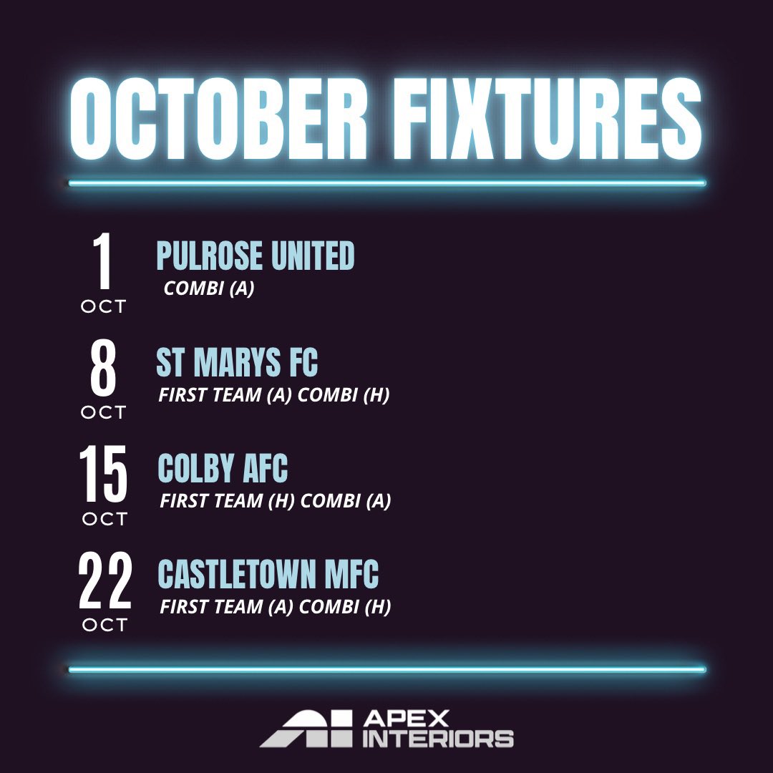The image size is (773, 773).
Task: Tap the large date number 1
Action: pos(104,262)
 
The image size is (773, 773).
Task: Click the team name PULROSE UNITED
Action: pos(256,256)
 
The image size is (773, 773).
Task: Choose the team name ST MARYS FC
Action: pos(237,363)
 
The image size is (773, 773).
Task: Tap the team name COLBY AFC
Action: pos(223,469)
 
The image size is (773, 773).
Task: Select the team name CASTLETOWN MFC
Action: pos(268,575)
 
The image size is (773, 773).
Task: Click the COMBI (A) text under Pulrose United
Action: pos(209,290)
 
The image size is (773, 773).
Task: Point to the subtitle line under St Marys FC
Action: pos(274,395)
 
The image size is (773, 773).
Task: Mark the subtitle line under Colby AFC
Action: pos(276,501)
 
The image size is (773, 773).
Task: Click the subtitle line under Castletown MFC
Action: pos(276,607)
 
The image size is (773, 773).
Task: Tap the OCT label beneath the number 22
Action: pos(104,625)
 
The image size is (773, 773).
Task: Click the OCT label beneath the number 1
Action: pos(104,306)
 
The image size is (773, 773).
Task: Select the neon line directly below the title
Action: pos(386,183)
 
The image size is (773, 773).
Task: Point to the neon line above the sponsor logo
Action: pos(386,670)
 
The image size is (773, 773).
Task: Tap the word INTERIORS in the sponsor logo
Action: pos(438,739)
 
